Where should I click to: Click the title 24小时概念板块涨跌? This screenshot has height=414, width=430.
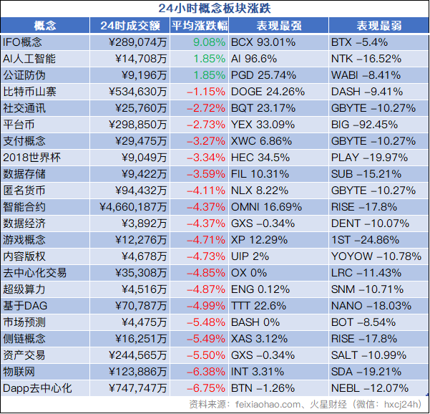215,9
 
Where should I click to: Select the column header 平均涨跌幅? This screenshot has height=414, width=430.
200,26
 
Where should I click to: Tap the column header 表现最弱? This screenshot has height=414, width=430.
377,26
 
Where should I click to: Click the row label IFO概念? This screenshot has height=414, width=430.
23,42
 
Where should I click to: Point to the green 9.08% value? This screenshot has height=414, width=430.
209,42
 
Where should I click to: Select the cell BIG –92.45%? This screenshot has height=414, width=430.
366,125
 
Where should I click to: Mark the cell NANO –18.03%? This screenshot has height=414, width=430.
373,306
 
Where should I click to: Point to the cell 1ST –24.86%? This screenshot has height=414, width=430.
366,240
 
